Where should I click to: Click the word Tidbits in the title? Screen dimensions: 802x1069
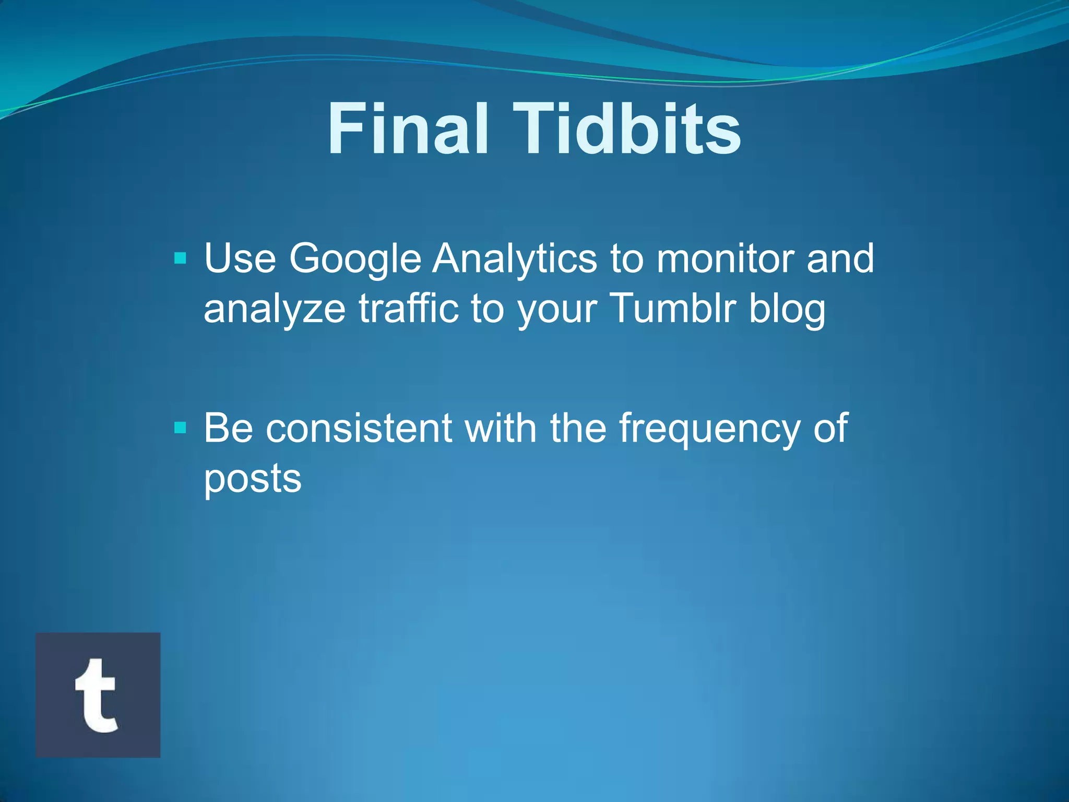(x=626, y=129)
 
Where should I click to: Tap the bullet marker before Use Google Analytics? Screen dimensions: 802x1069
(x=180, y=258)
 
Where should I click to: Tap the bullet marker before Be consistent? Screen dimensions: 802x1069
(x=180, y=428)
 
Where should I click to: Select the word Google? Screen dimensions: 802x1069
(x=355, y=260)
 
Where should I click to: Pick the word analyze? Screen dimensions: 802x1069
(x=275, y=309)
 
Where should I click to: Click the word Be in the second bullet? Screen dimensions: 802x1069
(x=228, y=428)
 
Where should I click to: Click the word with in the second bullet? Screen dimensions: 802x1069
(x=501, y=428)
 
